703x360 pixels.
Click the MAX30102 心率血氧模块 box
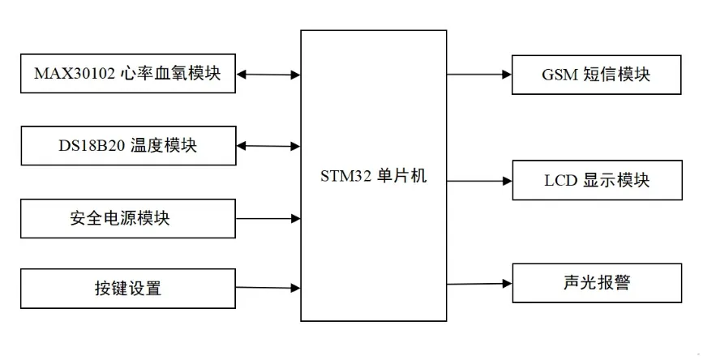pyautogui.click(x=127, y=74)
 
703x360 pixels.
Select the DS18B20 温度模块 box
pyautogui.click(x=127, y=146)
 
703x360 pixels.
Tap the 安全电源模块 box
pyautogui.click(x=127, y=217)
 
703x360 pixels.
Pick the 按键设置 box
pyautogui.click(x=127, y=288)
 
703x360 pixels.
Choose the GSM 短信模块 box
pyautogui.click(x=596, y=75)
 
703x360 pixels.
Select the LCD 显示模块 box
pyautogui.click(x=596, y=180)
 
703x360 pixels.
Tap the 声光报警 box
pyautogui.click(x=596, y=283)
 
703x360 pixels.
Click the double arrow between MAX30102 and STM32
pyautogui.click(x=268, y=75)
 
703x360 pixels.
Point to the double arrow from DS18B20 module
pyautogui.click(x=268, y=147)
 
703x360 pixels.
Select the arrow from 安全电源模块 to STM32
pyautogui.click(x=268, y=217)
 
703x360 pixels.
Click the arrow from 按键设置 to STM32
pyautogui.click(x=268, y=287)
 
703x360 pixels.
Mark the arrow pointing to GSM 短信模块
pyautogui.click(x=479, y=75)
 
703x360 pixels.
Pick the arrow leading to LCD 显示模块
pyautogui.click(x=479, y=180)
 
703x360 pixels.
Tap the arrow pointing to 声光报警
pyautogui.click(x=479, y=284)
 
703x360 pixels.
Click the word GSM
pyautogui.click(x=559, y=75)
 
